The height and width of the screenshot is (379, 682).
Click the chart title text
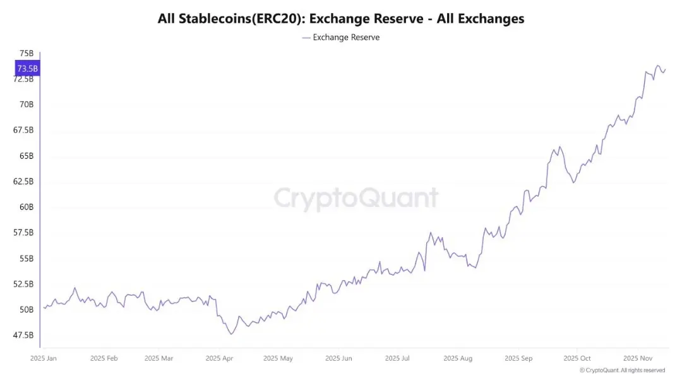341,18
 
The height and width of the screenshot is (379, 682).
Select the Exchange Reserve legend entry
341,37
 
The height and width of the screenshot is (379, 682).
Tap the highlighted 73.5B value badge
27,68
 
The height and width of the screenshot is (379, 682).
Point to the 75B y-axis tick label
27,53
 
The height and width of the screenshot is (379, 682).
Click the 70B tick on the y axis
27,104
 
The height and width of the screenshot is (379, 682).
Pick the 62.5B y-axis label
23,181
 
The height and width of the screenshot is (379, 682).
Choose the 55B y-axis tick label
27,259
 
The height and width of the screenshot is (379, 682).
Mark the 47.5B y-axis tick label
23,335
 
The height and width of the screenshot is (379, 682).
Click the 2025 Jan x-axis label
44,358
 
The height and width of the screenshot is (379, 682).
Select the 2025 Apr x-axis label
219,358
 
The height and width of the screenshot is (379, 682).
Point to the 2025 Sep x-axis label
518,358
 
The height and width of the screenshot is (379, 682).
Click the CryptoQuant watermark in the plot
356,198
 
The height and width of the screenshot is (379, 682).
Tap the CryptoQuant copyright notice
622,370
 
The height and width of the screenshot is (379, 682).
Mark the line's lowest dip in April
231,334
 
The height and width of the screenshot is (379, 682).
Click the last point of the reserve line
666,69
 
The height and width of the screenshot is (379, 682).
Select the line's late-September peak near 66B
560,146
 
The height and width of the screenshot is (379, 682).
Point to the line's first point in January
44,307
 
